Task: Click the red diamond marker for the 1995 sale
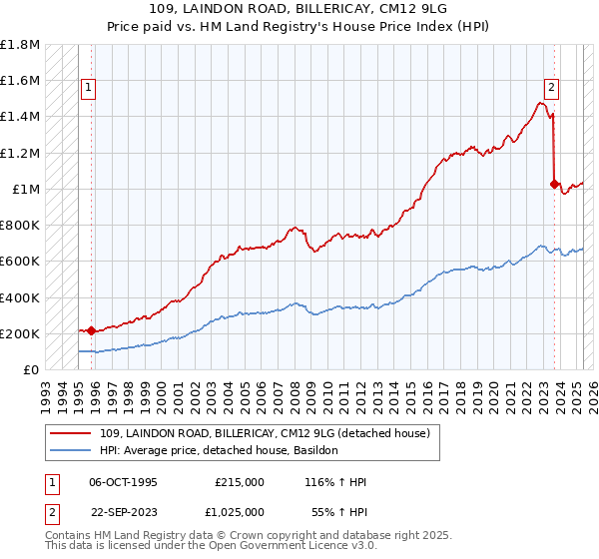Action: pos(91,330)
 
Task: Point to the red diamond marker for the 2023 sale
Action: pos(555,184)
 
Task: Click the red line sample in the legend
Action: pos(72,433)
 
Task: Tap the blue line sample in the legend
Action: pos(72,451)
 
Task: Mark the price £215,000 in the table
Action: pos(239,482)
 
